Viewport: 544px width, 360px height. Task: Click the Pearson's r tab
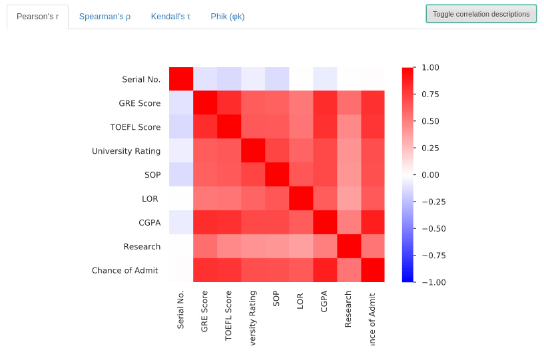[37, 17]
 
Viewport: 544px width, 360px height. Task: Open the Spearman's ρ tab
[105, 17]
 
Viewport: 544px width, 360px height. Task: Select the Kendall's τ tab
[170, 17]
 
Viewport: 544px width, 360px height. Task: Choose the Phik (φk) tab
[228, 17]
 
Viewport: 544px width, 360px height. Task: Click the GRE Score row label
[139, 103]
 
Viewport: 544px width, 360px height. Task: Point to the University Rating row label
[126, 151]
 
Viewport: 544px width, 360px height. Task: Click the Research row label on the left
[142, 246]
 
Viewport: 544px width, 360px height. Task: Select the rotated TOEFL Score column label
[229, 315]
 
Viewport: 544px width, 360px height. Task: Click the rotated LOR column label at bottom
[300, 301]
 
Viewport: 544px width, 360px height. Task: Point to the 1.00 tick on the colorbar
[429, 67]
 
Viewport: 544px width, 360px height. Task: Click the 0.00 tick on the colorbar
[429, 174]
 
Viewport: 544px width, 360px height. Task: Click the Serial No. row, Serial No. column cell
[181, 79]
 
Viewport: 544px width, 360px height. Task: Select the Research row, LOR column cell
[301, 246]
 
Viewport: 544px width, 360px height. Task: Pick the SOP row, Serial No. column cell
[181, 174]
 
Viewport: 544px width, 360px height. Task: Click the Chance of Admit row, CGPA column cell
[325, 270]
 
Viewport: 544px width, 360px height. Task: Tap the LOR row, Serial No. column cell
[181, 198]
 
